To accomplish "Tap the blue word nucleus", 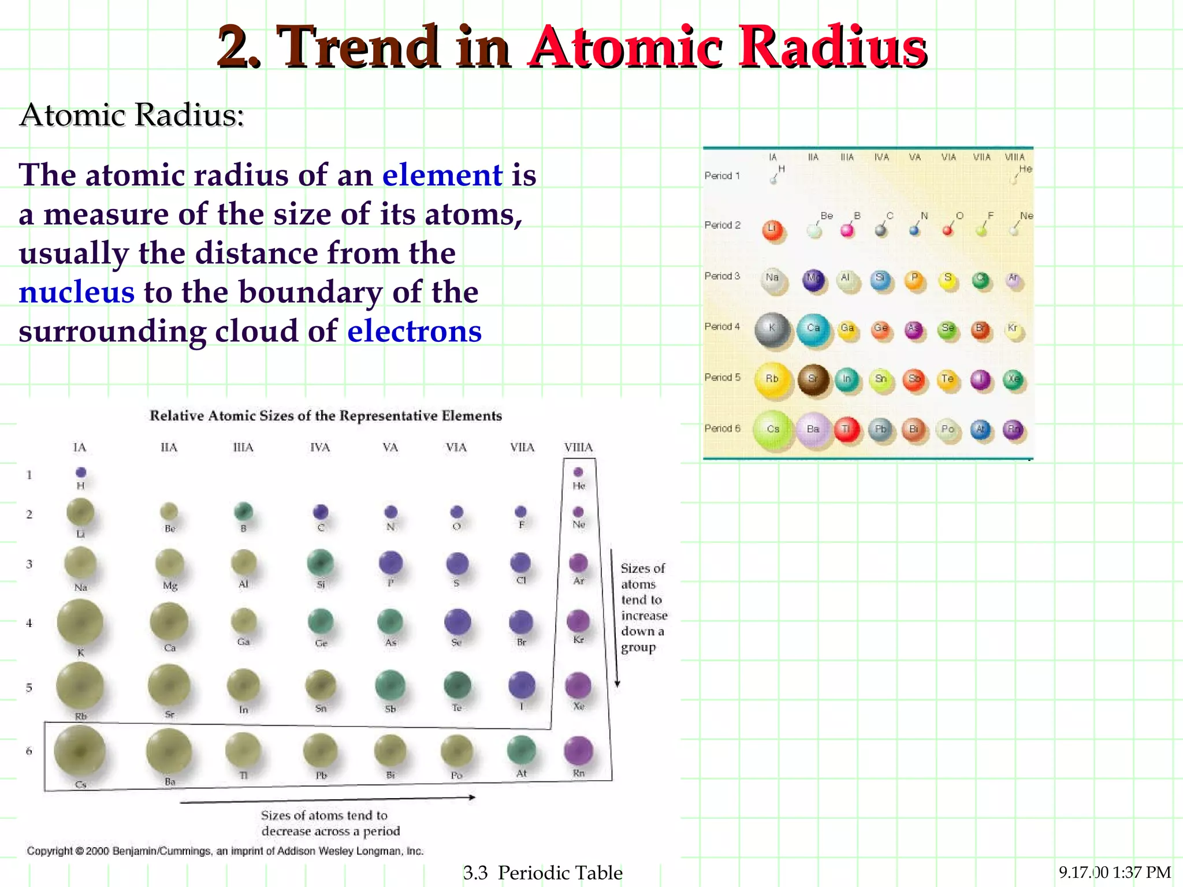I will [x=76, y=292].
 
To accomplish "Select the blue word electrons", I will [x=414, y=331].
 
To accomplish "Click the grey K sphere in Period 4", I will [x=772, y=329].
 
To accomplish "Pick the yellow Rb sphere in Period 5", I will [x=772, y=379].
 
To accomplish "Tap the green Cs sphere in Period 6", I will [x=772, y=430].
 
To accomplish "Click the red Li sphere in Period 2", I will [x=772, y=230].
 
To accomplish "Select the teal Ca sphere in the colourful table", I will [x=813, y=329].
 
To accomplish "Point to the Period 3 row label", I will [x=722, y=276].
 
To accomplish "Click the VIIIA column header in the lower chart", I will [x=578, y=448].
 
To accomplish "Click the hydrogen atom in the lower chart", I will [x=81, y=472].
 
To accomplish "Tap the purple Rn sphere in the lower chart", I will [x=578, y=750].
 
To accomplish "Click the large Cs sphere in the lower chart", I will [x=80, y=751].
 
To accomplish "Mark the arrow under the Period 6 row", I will [x=327, y=799].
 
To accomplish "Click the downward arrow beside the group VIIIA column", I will [x=616, y=618].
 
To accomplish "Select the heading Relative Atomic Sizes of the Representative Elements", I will [x=326, y=416].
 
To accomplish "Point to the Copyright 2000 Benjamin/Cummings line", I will [x=225, y=851].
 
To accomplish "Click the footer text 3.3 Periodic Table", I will [x=543, y=873].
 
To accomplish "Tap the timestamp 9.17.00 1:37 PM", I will [x=1114, y=872].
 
